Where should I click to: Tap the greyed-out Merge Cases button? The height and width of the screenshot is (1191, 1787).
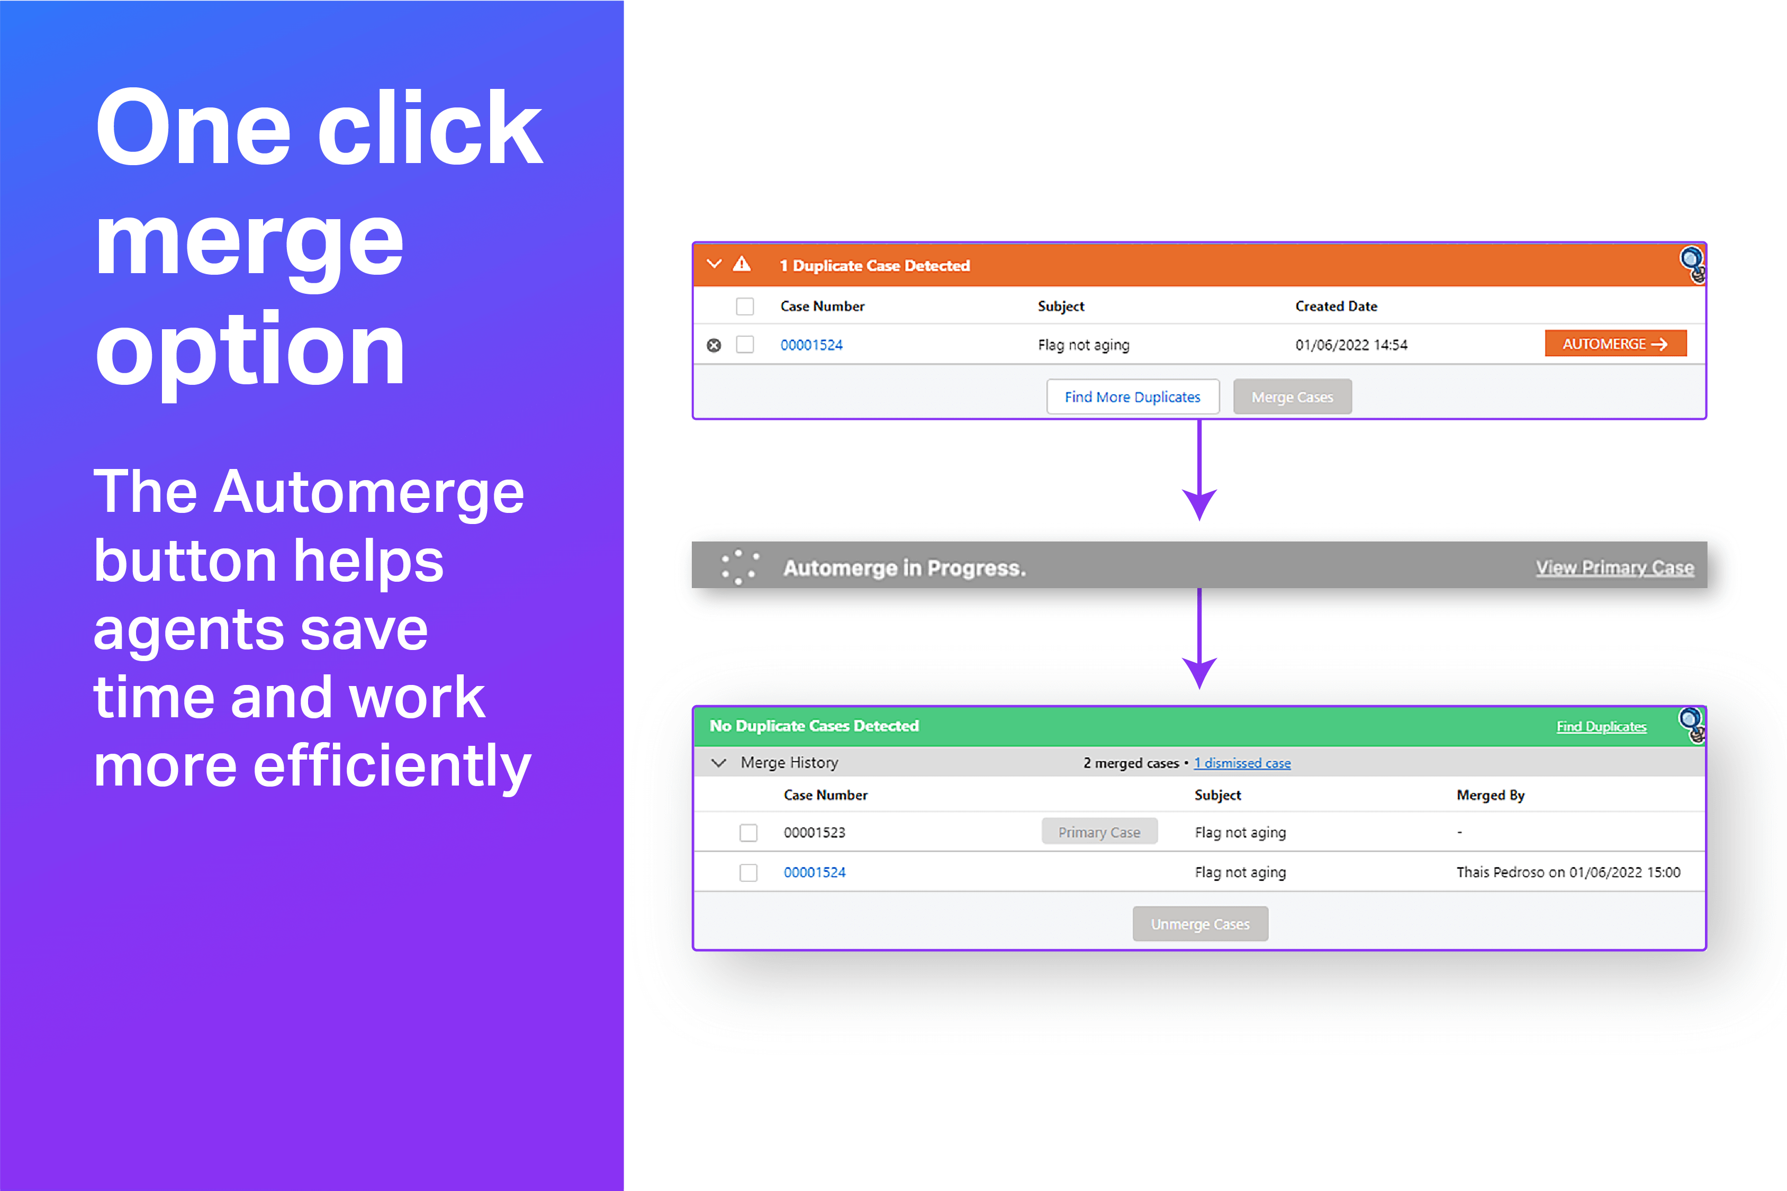click(x=1292, y=396)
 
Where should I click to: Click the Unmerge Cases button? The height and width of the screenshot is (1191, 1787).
click(x=1200, y=924)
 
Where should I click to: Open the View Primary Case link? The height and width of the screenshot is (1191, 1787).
click(x=1614, y=567)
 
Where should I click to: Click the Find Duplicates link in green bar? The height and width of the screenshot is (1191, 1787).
click(x=1601, y=726)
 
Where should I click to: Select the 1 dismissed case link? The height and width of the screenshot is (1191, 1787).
click(x=1242, y=763)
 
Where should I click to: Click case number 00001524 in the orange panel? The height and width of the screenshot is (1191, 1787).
click(x=811, y=345)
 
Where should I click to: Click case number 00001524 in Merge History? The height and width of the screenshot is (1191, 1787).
click(x=814, y=872)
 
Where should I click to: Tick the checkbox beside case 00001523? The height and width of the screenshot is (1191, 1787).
click(x=748, y=833)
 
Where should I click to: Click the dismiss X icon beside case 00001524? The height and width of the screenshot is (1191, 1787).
click(x=714, y=346)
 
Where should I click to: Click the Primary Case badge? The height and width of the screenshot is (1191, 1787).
click(x=1099, y=832)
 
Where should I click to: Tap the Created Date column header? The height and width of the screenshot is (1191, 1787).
click(x=1336, y=306)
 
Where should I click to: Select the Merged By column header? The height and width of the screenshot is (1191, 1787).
click(x=1490, y=795)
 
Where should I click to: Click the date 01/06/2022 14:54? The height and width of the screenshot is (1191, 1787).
click(x=1351, y=345)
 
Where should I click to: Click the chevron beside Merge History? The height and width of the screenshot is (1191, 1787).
click(x=718, y=763)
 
